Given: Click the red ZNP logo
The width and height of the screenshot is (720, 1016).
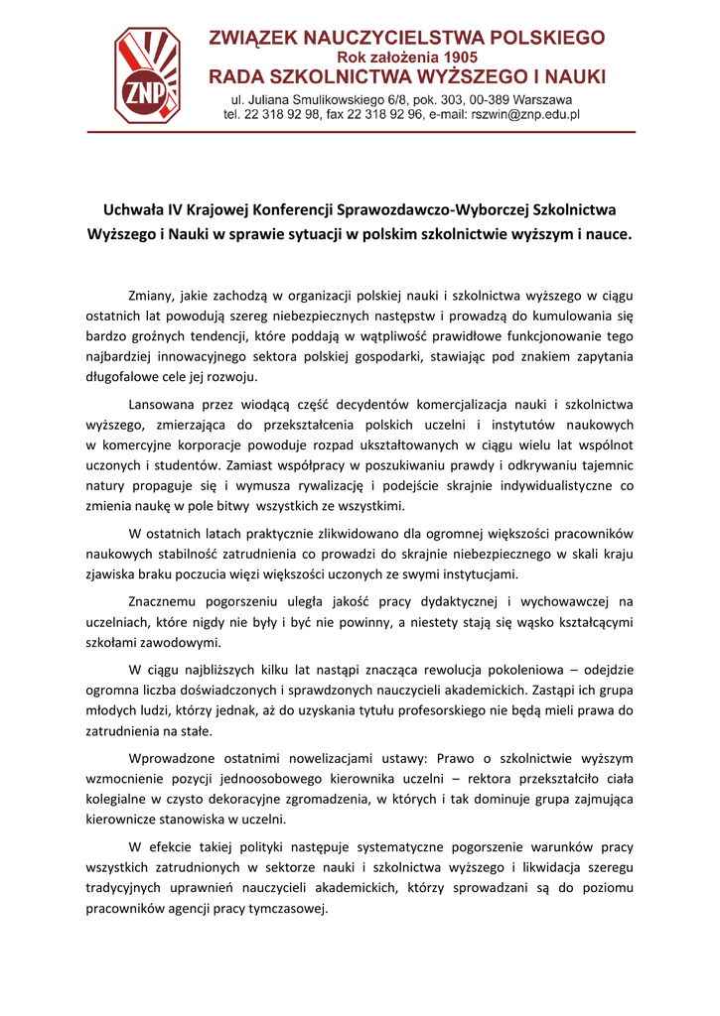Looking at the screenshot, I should click(x=147, y=73).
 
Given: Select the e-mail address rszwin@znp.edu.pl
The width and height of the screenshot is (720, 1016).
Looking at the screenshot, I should click(x=524, y=115).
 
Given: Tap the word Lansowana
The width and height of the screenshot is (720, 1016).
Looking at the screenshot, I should click(x=164, y=404).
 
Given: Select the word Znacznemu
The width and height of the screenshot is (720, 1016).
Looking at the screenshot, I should click(x=163, y=601).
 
